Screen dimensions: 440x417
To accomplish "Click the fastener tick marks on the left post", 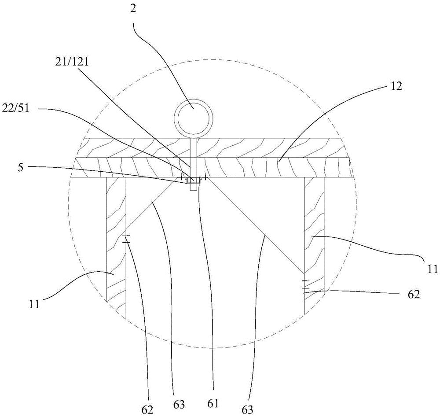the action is [126, 239].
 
